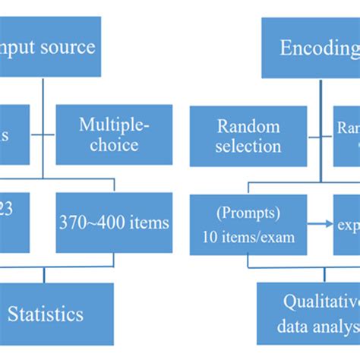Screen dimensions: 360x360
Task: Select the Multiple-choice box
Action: coord(114,134)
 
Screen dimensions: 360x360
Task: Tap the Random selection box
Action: coord(248,135)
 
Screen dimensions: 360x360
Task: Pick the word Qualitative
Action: coord(321,302)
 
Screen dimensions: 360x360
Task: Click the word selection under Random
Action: coord(248,146)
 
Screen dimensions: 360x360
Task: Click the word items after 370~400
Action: coord(143,223)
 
